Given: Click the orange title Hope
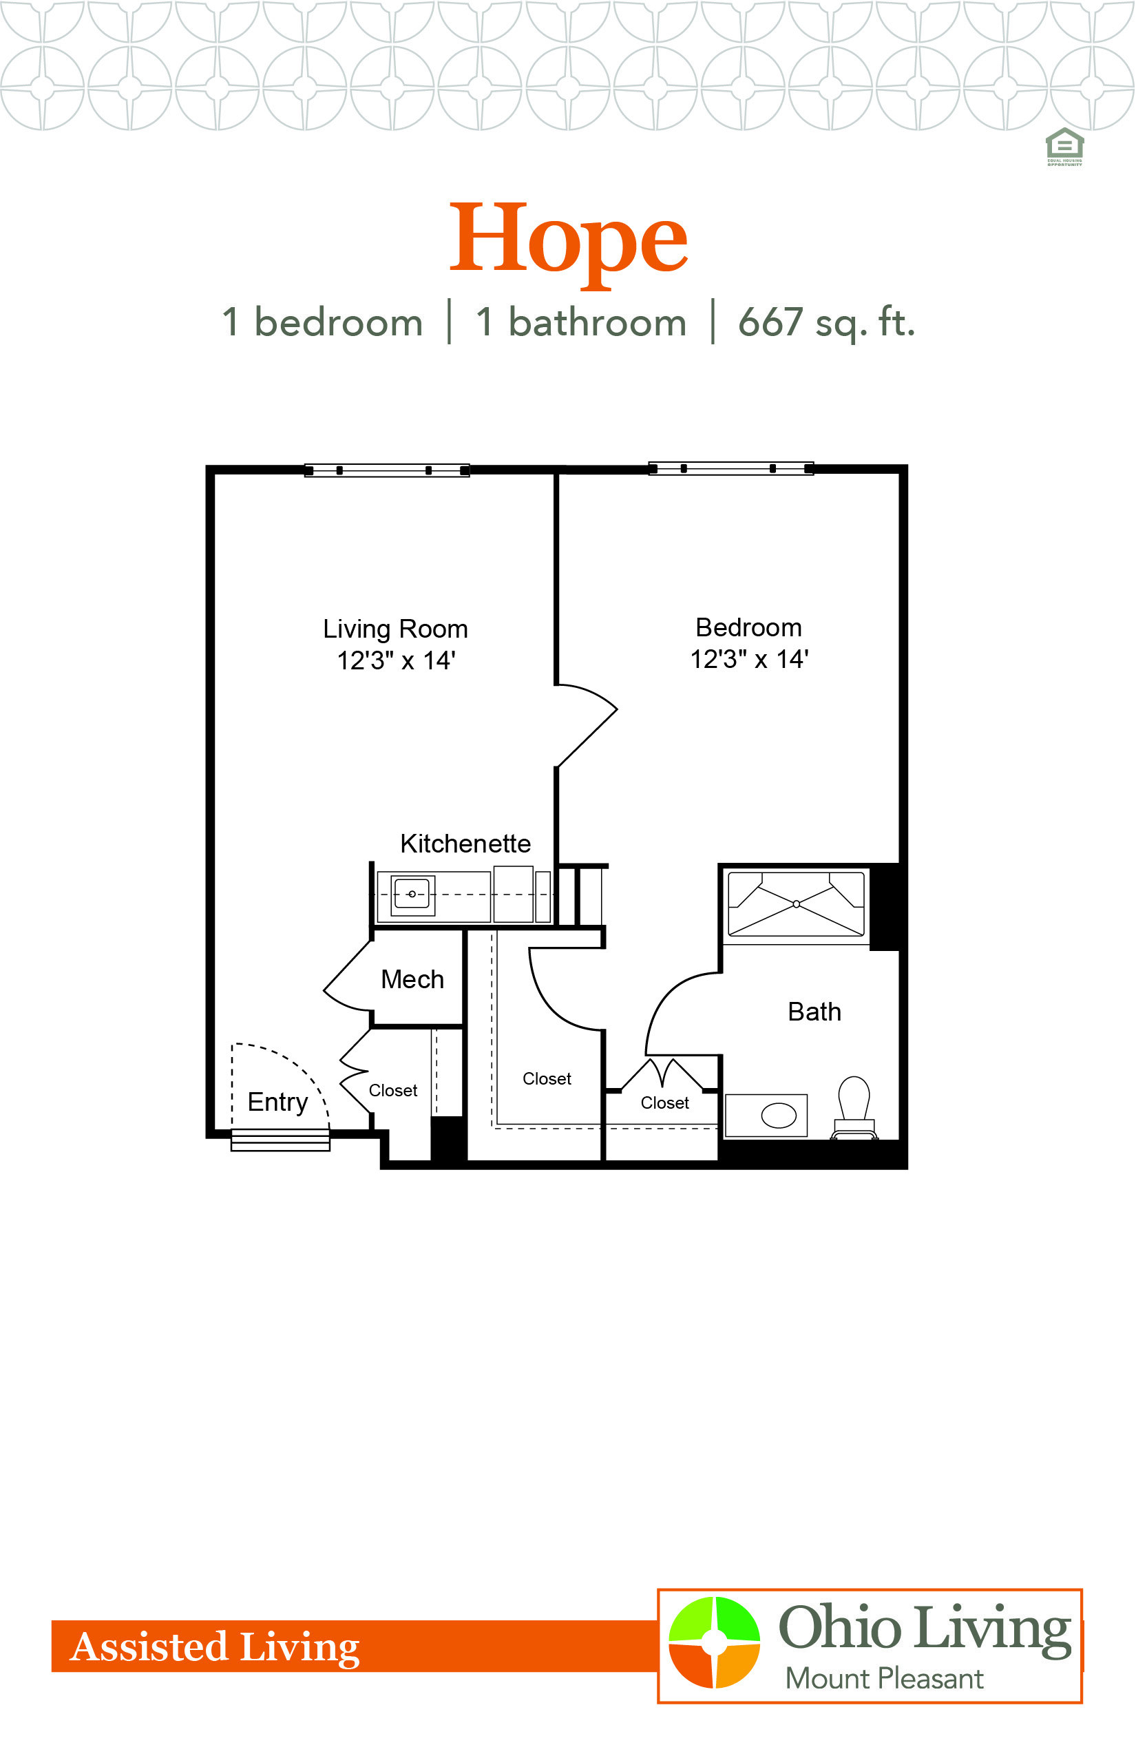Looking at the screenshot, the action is (568, 242).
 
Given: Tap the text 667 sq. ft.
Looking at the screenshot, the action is (826, 322).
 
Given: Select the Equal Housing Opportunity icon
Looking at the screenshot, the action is (1064, 147).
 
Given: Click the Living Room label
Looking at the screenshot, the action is (395, 629).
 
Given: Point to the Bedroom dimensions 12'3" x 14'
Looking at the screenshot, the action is (750, 659).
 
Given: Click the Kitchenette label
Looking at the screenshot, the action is (465, 844).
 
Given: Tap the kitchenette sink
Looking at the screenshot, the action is (412, 895).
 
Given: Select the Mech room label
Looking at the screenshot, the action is (412, 979).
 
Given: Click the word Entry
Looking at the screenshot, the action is (278, 1102).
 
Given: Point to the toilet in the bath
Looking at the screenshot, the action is (854, 1107).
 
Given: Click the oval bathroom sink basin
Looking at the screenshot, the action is (778, 1115).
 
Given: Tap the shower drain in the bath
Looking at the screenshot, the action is (796, 903).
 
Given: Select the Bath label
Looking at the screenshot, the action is (814, 1012).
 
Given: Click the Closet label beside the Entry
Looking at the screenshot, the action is (393, 1091).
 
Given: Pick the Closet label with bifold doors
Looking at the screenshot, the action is (664, 1103).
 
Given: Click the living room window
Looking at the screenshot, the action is (387, 470).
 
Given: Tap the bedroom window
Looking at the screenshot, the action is (731, 468).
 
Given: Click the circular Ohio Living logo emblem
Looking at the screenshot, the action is (714, 1642).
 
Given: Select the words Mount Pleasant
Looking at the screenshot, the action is (884, 1679).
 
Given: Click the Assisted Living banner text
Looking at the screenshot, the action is (215, 1647).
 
